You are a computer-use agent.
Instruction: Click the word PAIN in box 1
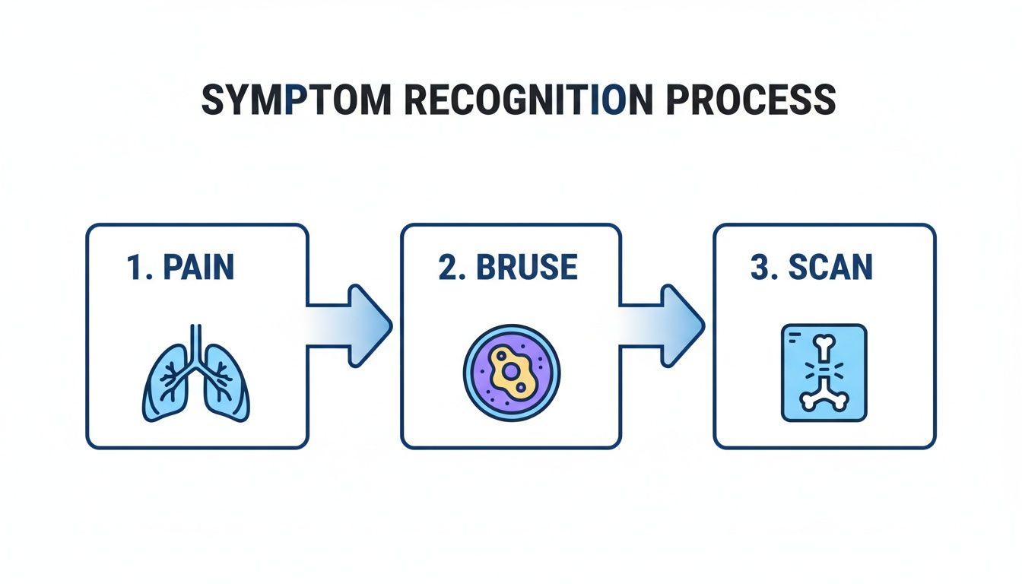[200, 268]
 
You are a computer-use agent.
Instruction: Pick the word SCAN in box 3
[830, 268]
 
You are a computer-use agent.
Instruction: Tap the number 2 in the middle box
[446, 268]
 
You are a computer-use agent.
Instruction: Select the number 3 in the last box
[759, 268]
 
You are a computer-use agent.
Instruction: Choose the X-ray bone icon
[824, 373]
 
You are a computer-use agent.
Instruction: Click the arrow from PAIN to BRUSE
[350, 325]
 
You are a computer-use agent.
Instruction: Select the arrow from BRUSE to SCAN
[662, 325]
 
